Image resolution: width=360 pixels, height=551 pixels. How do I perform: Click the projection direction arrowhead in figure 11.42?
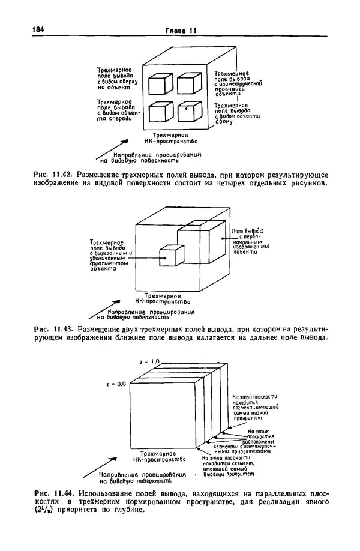point(127,142)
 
